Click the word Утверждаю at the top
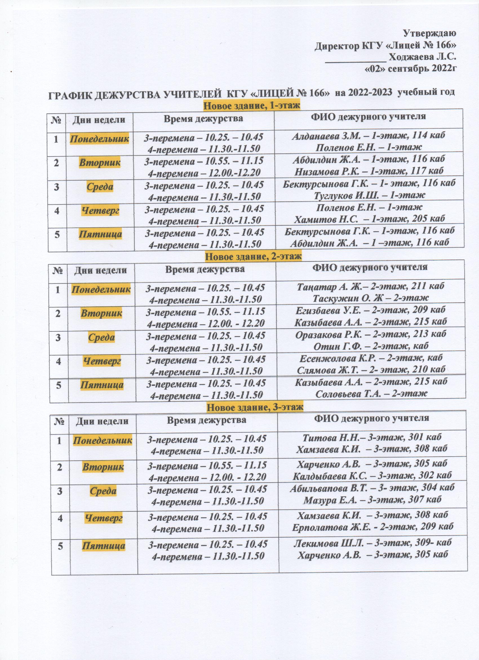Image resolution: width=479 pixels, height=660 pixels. click(429, 33)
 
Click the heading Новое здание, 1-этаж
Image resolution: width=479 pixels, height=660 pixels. click(251, 105)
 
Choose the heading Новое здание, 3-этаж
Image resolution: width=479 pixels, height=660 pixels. click(255, 407)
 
